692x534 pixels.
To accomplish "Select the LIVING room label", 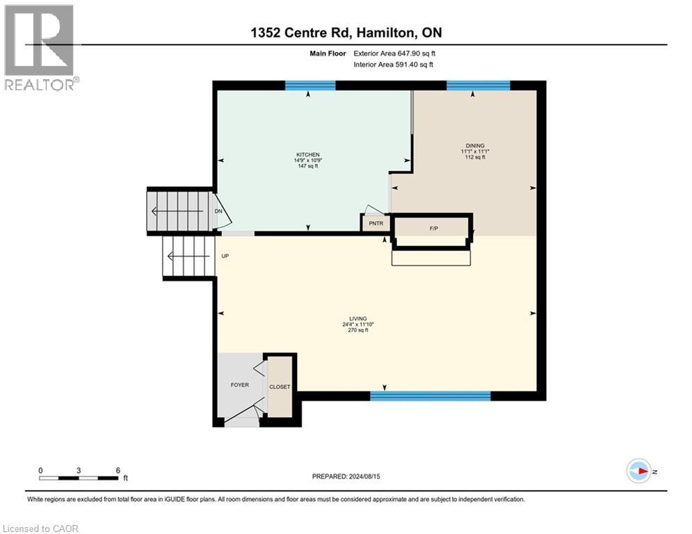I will [x=358, y=318].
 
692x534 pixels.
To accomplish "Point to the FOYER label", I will [x=240, y=385].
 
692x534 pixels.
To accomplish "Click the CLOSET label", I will [x=280, y=387].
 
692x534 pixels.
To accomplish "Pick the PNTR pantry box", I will [x=376, y=223].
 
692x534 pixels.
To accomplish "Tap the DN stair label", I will [x=218, y=211].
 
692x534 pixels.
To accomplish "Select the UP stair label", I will [x=225, y=256].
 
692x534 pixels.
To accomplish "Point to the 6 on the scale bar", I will [x=118, y=470].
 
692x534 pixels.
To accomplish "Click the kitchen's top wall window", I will [x=310, y=86].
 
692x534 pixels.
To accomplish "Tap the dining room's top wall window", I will [x=478, y=86].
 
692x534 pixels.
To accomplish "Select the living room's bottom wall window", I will [x=430, y=396].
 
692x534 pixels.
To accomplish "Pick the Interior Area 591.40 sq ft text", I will [x=394, y=65].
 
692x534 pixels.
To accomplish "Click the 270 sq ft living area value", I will [x=358, y=331].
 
